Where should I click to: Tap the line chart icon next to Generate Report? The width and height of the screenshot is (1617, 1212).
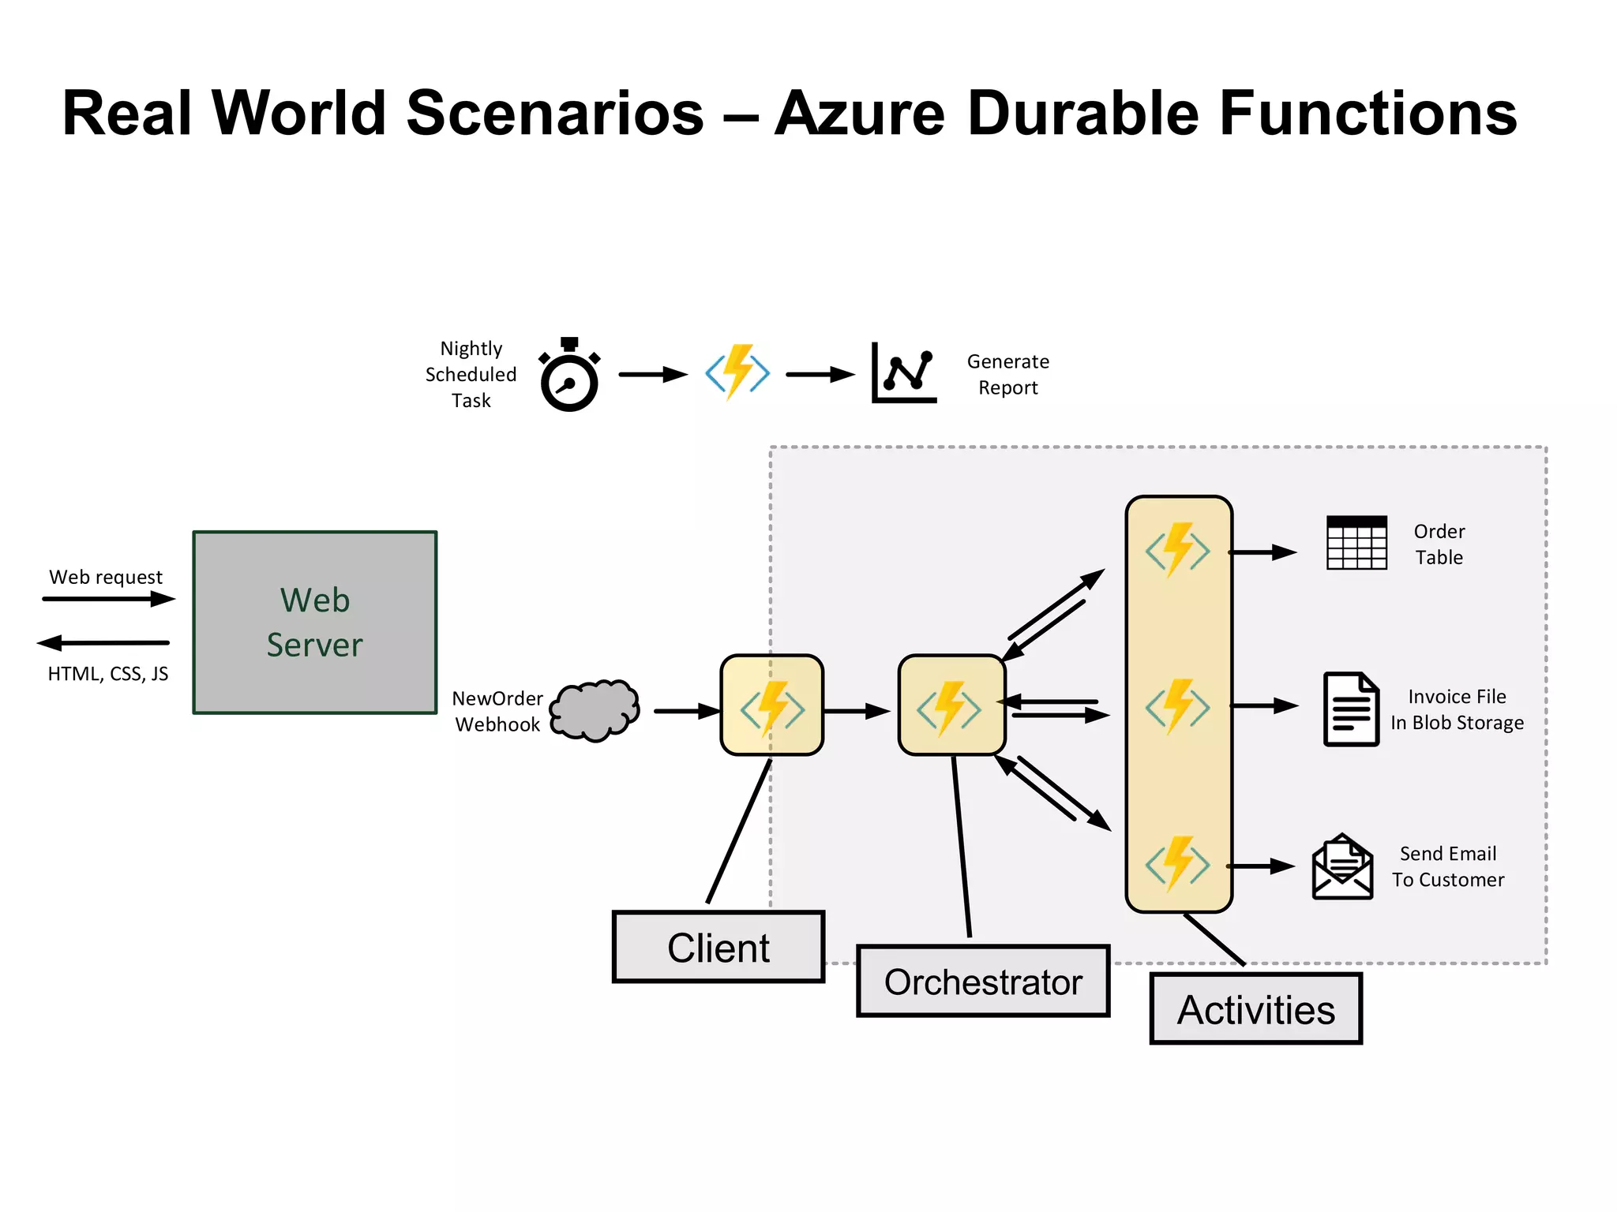click(904, 372)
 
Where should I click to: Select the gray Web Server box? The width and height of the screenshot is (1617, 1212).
click(315, 623)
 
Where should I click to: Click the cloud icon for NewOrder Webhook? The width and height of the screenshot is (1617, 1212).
click(595, 710)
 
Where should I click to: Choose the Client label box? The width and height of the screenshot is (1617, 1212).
click(718, 947)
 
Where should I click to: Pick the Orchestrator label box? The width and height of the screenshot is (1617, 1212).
click(983, 981)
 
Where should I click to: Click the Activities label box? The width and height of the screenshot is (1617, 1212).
click(1256, 1009)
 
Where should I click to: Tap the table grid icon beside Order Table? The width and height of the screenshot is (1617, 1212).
click(1356, 543)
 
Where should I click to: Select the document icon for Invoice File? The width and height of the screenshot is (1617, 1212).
click(1351, 709)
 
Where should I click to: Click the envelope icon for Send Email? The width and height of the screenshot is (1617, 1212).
click(1342, 866)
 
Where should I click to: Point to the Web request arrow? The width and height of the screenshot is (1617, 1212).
click(109, 599)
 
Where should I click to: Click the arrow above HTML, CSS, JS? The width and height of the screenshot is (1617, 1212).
click(103, 642)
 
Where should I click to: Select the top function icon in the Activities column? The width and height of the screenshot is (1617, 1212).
click(1178, 550)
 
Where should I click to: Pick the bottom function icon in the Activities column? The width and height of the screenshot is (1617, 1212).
click(1178, 864)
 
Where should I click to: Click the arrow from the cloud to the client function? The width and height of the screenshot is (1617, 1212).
click(688, 711)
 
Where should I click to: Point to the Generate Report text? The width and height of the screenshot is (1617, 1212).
click(1008, 374)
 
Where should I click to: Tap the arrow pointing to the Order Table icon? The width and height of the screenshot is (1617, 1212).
click(1262, 552)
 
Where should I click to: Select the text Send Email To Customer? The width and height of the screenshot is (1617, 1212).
click(1448, 866)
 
